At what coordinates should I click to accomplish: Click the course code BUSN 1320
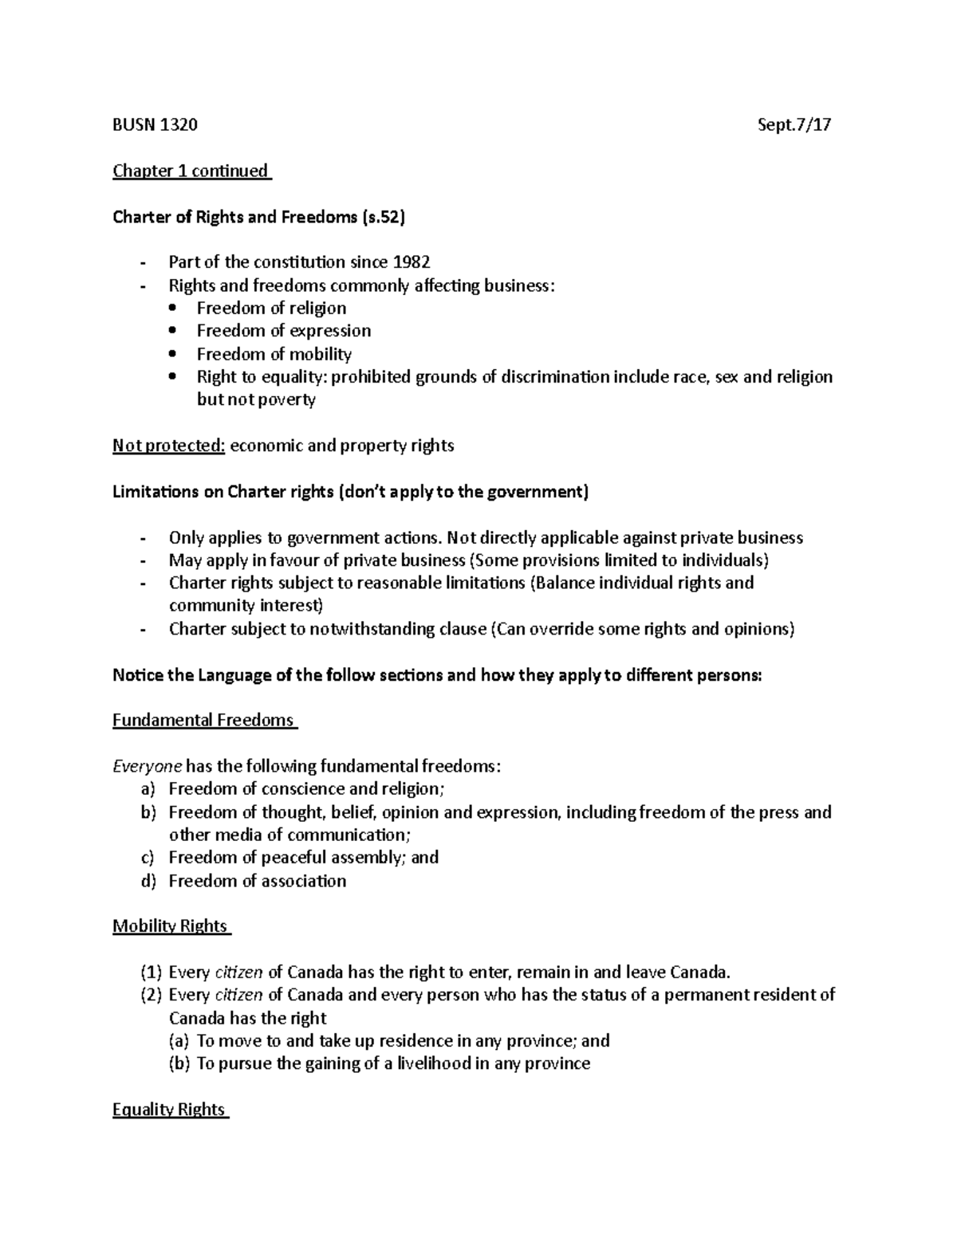[x=155, y=125]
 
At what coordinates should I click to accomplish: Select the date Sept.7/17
[x=794, y=125]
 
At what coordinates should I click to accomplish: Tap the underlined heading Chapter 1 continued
[x=191, y=171]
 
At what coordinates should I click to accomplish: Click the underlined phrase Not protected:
[x=169, y=446]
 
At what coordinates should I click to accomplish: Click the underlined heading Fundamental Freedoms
[x=203, y=721]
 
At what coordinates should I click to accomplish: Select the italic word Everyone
[x=147, y=767]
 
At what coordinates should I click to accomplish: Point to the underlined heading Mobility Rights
[x=170, y=926]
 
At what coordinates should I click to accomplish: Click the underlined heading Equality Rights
[x=169, y=1110]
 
